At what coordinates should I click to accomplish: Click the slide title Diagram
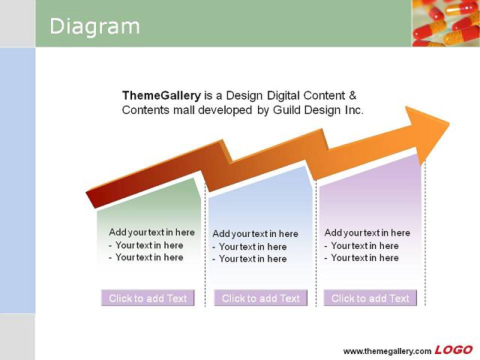(x=94, y=27)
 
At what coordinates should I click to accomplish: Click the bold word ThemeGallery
(x=161, y=96)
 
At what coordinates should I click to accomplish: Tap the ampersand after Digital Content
(x=352, y=95)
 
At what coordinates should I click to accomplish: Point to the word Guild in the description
(x=286, y=110)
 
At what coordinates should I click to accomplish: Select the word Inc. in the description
(x=354, y=110)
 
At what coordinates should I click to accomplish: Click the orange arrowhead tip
(x=449, y=123)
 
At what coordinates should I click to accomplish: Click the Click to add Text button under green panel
(x=148, y=298)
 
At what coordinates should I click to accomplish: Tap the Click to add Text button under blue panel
(x=261, y=298)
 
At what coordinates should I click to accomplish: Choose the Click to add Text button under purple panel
(x=370, y=298)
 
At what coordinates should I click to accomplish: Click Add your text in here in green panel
(x=151, y=232)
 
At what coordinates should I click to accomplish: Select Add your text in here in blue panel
(x=255, y=234)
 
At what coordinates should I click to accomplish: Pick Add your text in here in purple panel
(x=367, y=233)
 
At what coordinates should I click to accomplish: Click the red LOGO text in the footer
(x=454, y=350)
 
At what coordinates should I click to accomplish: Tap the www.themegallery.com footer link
(x=387, y=351)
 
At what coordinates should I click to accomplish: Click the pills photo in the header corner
(x=445, y=23)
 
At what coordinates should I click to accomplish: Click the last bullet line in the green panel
(x=146, y=257)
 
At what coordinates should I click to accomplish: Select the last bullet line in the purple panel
(x=361, y=258)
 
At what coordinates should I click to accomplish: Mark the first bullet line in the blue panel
(x=250, y=247)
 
